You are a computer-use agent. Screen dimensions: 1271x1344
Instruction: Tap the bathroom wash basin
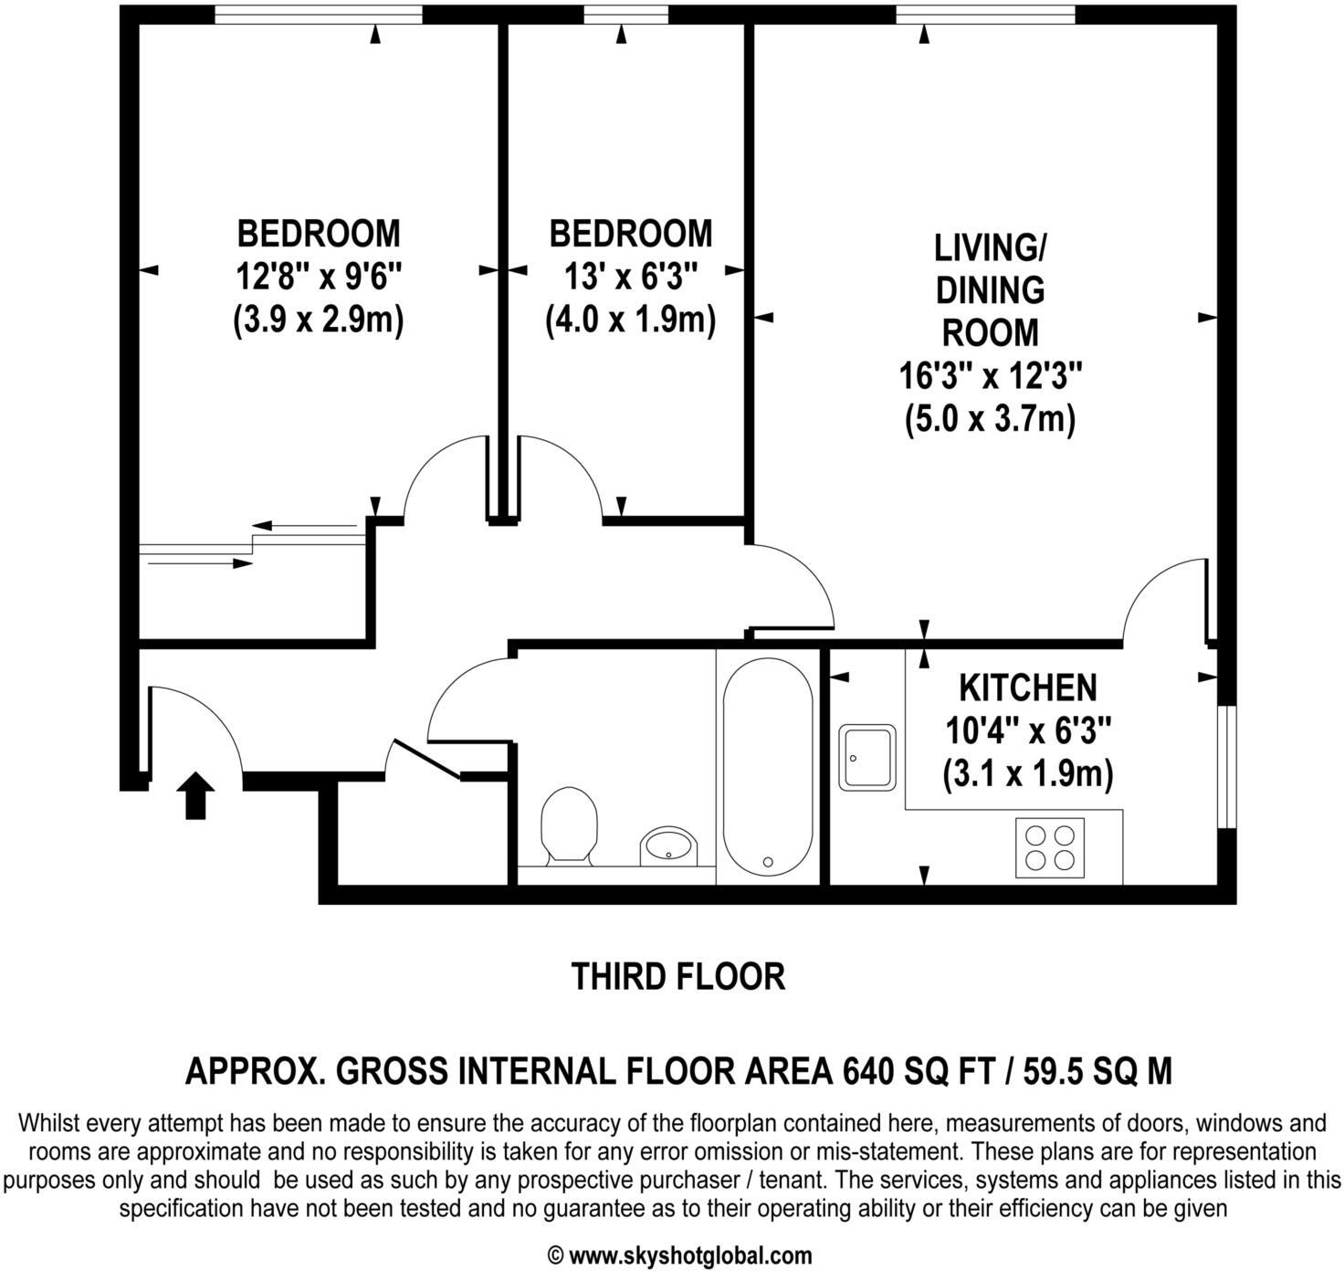pos(670,846)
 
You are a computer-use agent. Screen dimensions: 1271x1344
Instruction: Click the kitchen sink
pos(867,757)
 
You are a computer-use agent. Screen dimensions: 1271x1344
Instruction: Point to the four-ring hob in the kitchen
pos(1050,847)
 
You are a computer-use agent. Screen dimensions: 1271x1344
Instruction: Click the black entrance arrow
pos(195,794)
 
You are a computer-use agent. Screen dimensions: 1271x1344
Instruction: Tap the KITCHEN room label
pos(1027,687)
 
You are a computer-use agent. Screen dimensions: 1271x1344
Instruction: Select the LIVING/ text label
pos(990,247)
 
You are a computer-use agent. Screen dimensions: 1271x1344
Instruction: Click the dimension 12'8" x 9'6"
pos(319,276)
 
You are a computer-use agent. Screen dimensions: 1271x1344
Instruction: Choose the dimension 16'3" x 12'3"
pos(991,375)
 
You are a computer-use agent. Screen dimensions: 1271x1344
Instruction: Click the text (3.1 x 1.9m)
pos(1027,774)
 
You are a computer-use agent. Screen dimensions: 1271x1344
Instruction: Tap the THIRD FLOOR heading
pos(677,976)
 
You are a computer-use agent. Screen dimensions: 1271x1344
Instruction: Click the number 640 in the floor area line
pos(866,1069)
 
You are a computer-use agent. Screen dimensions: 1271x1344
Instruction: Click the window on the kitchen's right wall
pos(1226,766)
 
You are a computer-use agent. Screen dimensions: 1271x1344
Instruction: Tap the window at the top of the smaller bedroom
pos(623,14)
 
